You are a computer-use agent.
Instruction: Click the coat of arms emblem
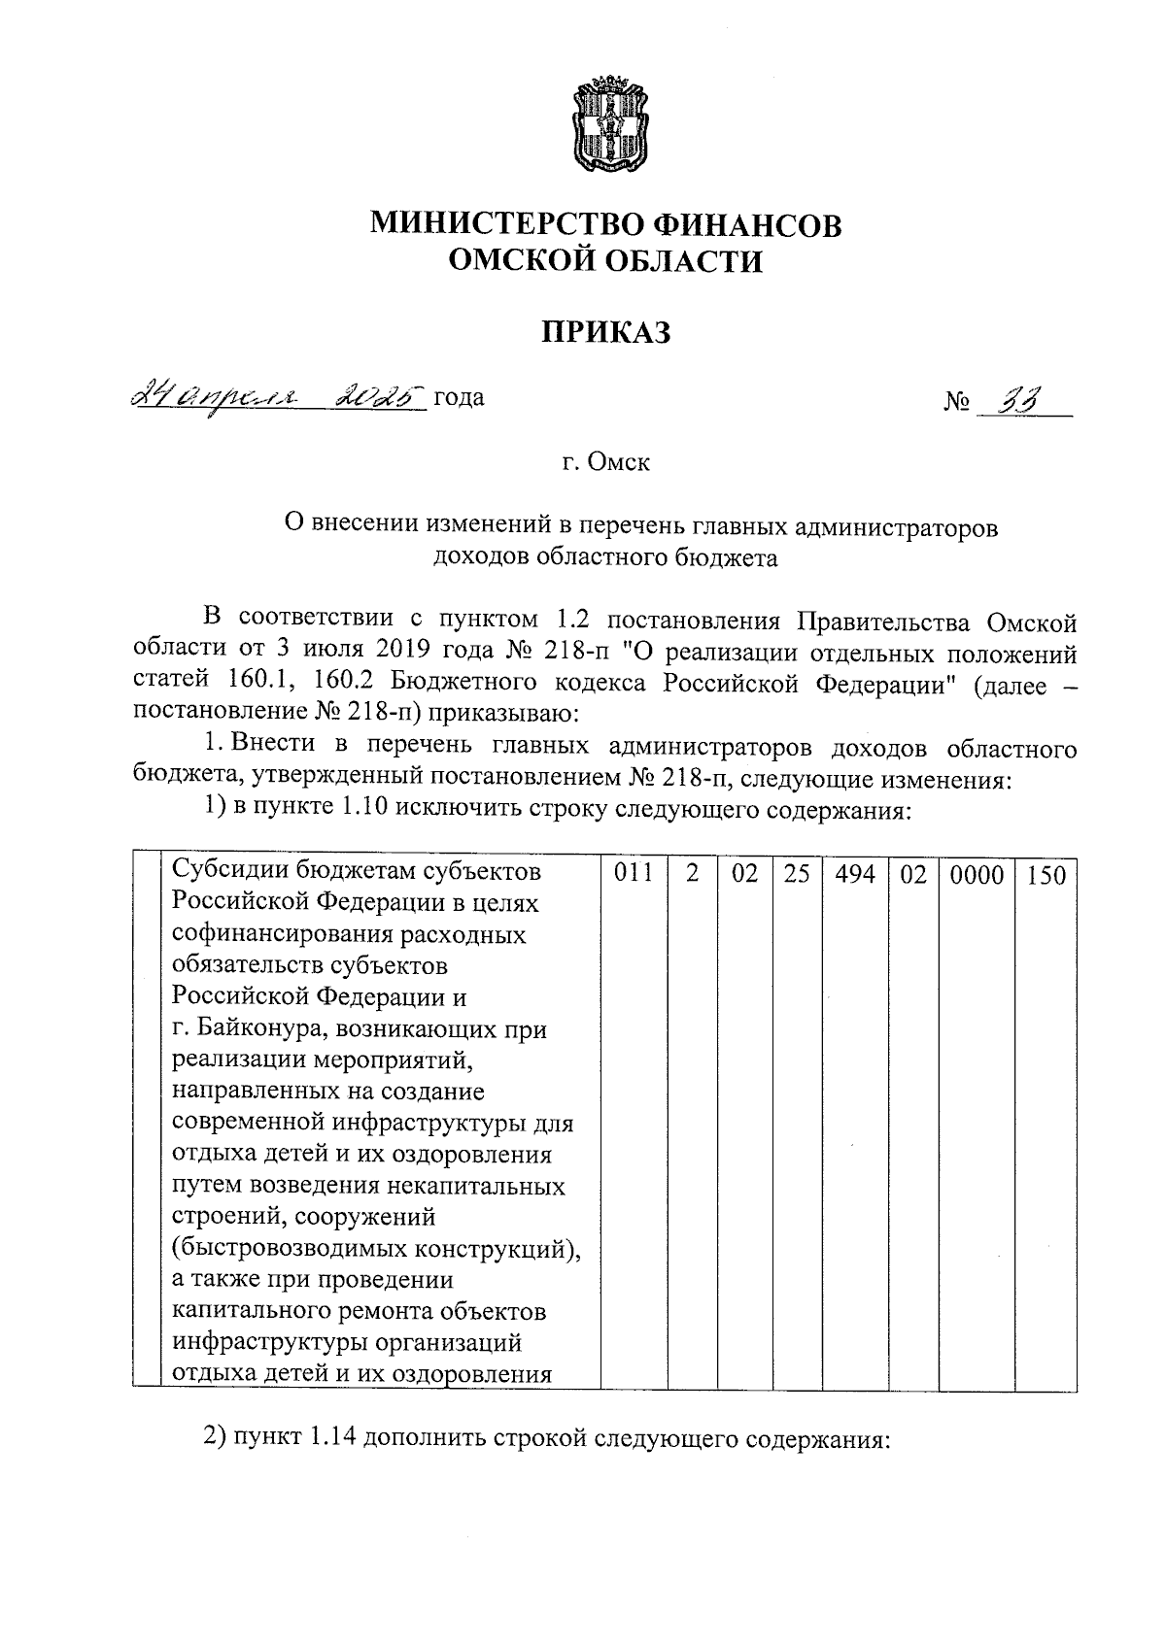[x=607, y=125]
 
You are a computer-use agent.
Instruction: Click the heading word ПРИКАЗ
[x=605, y=333]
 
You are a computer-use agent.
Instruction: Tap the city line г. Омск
[x=605, y=462]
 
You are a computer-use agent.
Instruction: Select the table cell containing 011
[x=634, y=874]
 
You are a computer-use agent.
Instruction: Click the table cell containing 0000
[x=977, y=874]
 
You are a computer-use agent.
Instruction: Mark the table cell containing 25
[x=797, y=874]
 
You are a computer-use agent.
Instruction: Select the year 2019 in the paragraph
[x=418, y=652]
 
